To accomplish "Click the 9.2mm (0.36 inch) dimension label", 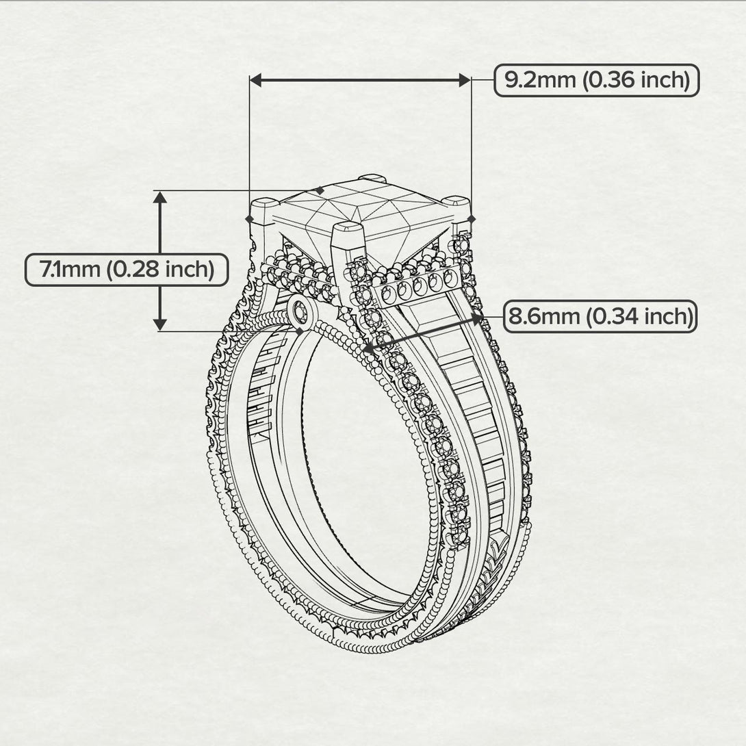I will [596, 80].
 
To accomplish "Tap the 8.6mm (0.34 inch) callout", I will [600, 316].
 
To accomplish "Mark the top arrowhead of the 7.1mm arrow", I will [160, 198].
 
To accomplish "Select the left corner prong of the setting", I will [264, 207].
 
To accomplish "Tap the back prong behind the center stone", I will [372, 179].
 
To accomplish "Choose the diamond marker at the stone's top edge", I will [320, 191].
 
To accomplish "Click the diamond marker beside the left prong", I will [249, 218].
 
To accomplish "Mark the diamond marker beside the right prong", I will [472, 218].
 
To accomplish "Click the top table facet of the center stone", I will [363, 203].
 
